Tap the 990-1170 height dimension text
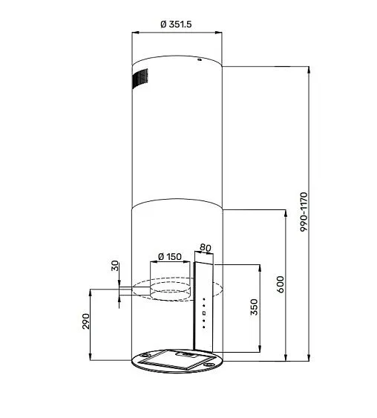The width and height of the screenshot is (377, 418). (304, 215)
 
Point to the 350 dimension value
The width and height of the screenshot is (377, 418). (254, 307)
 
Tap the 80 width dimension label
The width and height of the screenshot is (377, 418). (206, 248)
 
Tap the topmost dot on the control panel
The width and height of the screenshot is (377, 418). (203, 298)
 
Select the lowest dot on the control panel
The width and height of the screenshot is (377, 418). (203, 324)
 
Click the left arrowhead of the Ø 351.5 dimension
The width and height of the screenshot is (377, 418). (134, 33)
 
